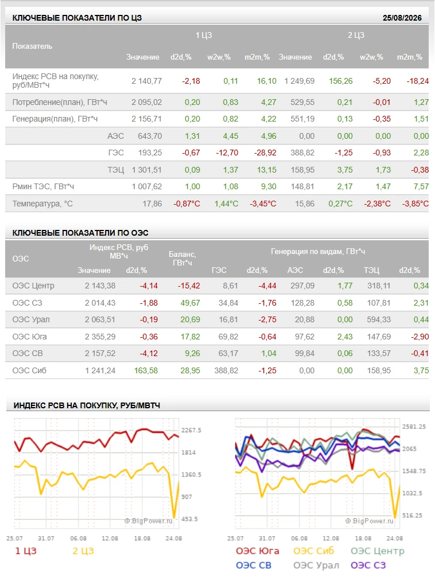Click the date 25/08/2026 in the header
(x=402, y=18)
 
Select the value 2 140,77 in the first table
(x=146, y=81)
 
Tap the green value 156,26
(x=341, y=81)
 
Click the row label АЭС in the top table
(x=115, y=136)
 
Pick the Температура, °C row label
(x=42, y=204)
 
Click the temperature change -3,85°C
(x=415, y=204)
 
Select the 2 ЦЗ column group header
(x=356, y=35)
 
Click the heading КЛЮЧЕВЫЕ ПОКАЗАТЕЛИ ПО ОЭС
(x=80, y=233)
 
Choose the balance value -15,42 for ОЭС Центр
(x=189, y=286)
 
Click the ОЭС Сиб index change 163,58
(x=146, y=371)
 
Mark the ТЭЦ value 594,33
(x=379, y=320)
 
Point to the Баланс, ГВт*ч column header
(x=182, y=259)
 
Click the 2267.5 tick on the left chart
(x=191, y=431)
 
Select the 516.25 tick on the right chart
(x=412, y=515)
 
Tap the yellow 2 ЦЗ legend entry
(x=83, y=551)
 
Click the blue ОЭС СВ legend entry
(x=254, y=565)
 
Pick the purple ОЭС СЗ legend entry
(x=368, y=565)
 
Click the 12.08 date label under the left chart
(x=110, y=538)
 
